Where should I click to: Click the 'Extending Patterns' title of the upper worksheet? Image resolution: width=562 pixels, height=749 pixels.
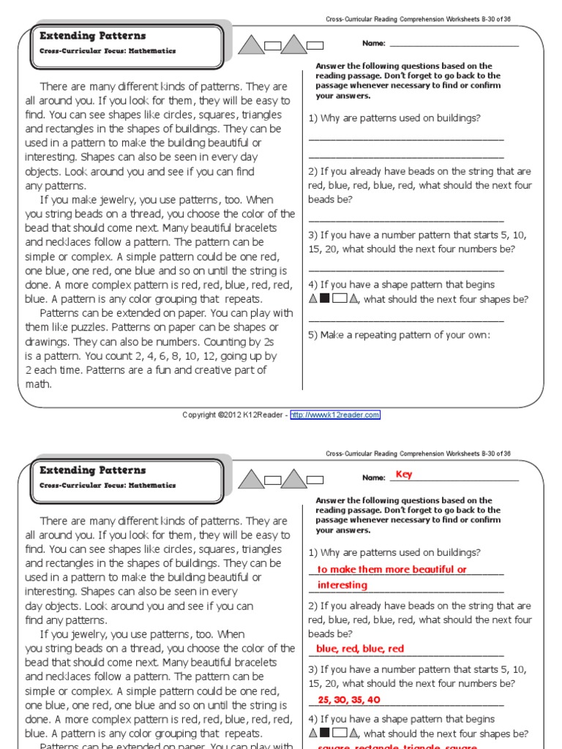(x=92, y=36)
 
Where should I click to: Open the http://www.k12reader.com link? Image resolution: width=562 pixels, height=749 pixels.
(x=335, y=415)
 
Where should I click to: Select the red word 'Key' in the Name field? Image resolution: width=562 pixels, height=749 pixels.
(x=404, y=475)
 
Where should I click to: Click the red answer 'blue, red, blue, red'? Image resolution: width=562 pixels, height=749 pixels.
(x=359, y=649)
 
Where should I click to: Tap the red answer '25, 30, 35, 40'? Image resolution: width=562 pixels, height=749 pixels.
(x=349, y=700)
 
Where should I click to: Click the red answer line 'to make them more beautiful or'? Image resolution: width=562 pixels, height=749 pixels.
(x=391, y=570)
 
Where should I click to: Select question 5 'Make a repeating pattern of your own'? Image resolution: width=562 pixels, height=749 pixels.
(x=399, y=335)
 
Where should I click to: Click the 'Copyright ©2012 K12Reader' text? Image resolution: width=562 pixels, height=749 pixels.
(x=233, y=415)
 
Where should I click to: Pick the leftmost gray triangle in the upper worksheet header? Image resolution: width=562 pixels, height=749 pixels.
(x=252, y=45)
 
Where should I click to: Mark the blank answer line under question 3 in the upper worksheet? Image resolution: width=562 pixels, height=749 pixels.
(x=406, y=270)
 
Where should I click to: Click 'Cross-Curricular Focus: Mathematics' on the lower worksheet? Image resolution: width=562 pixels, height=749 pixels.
(x=108, y=485)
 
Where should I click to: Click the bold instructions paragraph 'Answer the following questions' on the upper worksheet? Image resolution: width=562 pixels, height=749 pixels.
(x=408, y=80)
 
